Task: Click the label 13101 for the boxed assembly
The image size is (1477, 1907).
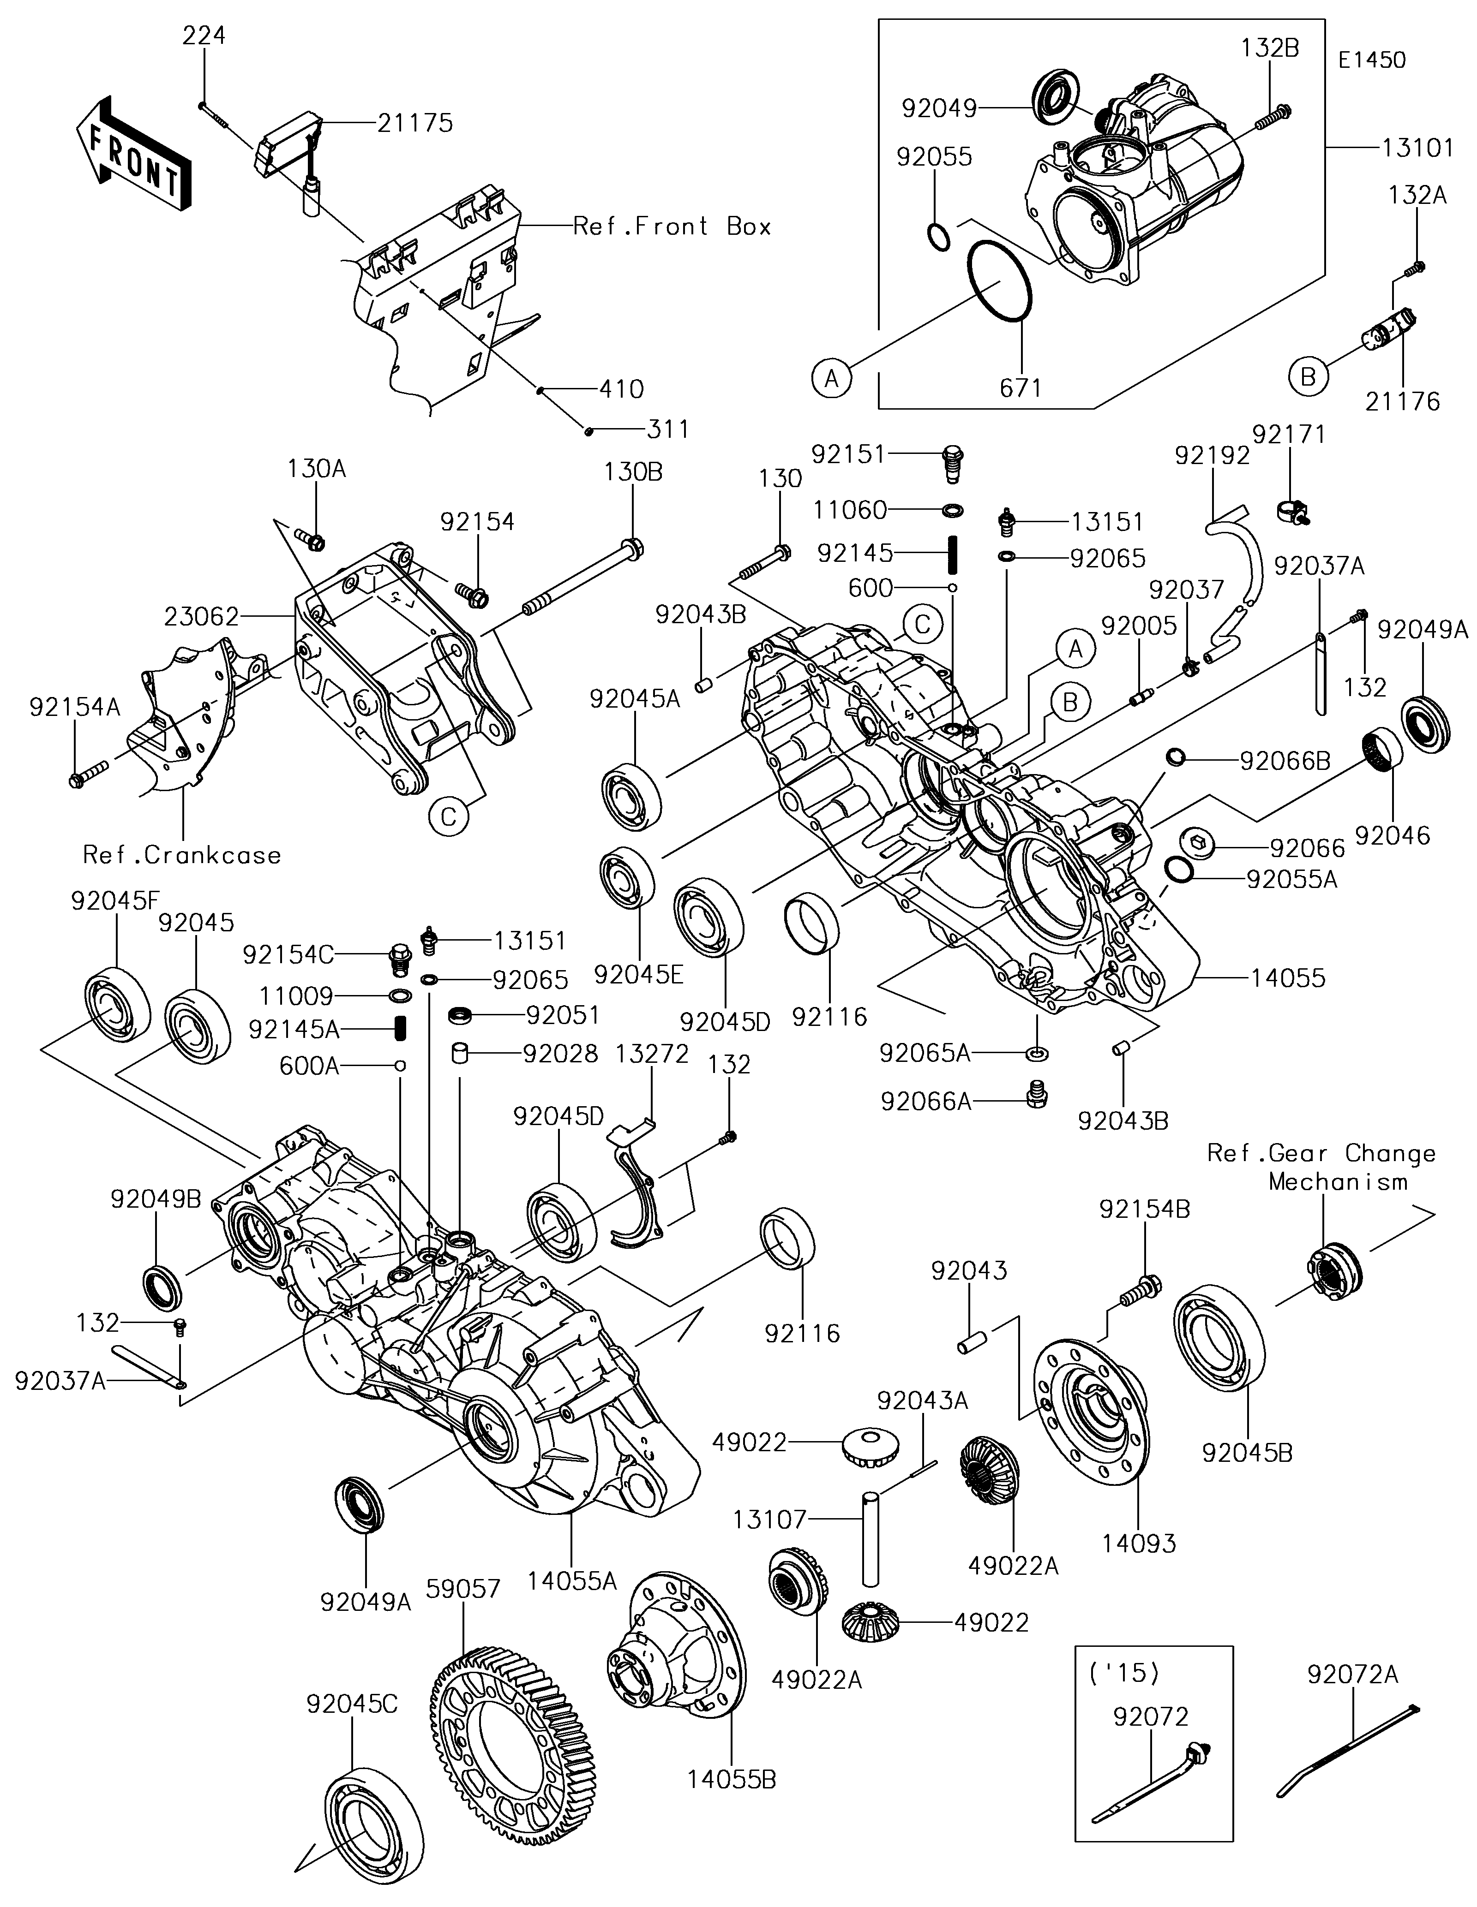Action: point(1417,149)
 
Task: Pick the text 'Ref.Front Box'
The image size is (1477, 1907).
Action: point(672,227)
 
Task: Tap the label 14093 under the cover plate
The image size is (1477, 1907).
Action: point(1139,1543)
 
